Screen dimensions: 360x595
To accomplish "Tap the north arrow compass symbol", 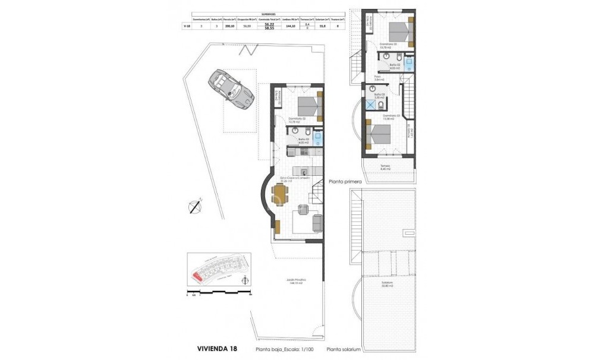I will click(195, 206).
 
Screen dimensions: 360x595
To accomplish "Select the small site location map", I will click(216, 270).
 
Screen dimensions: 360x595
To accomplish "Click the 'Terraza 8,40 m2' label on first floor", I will click(386, 168).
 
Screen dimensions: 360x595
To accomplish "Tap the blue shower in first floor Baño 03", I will click(372, 105).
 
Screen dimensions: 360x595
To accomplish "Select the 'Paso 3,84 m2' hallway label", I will click(378, 78).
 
